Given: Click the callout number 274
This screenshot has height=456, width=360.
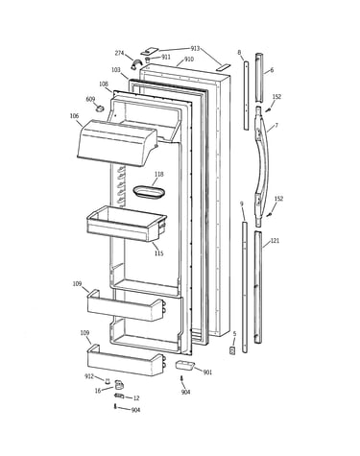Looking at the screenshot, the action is [x=119, y=53].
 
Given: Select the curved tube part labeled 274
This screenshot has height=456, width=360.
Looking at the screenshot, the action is [x=135, y=64].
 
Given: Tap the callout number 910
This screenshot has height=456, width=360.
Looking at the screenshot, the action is [x=189, y=60].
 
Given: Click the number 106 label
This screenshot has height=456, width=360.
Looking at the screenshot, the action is [x=74, y=116].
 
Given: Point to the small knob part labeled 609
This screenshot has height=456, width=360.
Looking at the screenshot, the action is [x=100, y=108].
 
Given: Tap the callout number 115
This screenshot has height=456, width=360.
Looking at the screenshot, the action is [x=158, y=253].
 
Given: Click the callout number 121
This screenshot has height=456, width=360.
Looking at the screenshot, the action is [x=275, y=241].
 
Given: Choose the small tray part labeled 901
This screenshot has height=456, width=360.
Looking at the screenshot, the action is [x=185, y=365].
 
